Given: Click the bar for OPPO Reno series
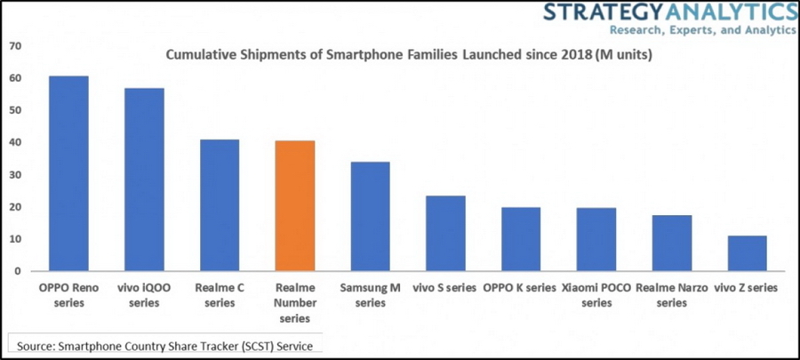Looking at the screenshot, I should [x=68, y=173].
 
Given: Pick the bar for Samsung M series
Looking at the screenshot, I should [x=370, y=217].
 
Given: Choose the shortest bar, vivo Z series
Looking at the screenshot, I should [x=746, y=253].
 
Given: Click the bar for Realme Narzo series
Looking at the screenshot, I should [x=671, y=243].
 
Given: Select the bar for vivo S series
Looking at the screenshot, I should [x=445, y=234].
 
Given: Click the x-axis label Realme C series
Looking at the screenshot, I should [x=219, y=295].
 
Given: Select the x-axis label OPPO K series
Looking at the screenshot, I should [x=520, y=288].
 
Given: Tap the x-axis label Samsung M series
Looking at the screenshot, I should [x=370, y=295].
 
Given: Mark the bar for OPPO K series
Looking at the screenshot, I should [x=520, y=239].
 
